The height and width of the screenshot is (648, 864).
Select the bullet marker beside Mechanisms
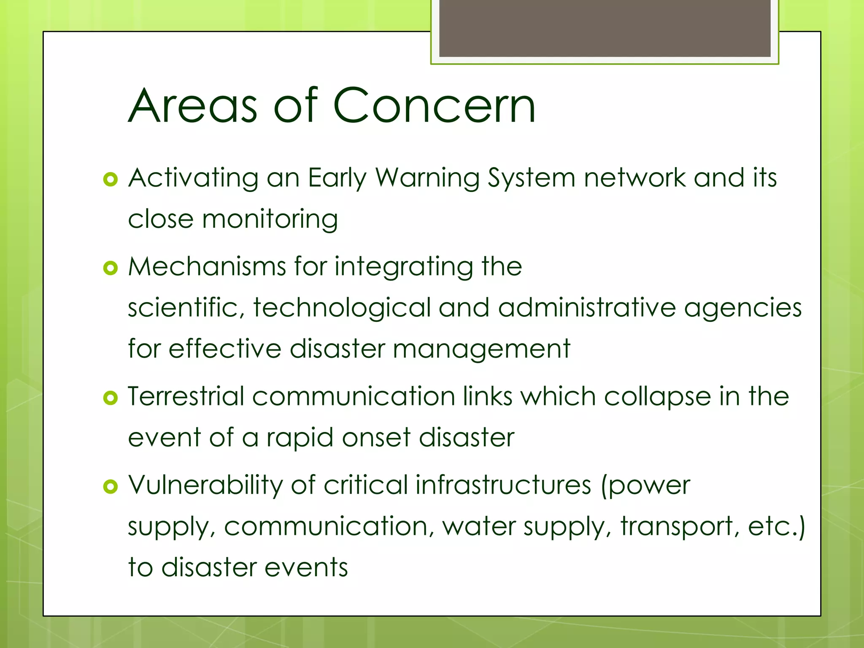coord(110,268)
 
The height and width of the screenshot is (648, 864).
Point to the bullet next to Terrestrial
coord(110,398)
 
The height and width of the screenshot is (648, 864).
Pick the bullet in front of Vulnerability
coord(110,487)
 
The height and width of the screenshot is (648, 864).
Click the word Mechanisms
coord(207,267)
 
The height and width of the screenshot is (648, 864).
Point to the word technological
coord(342,308)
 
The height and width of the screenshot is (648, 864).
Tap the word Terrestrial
coord(186,397)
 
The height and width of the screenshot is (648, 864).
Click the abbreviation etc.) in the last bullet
coord(777,526)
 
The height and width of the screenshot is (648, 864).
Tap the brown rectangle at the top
coord(605,28)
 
